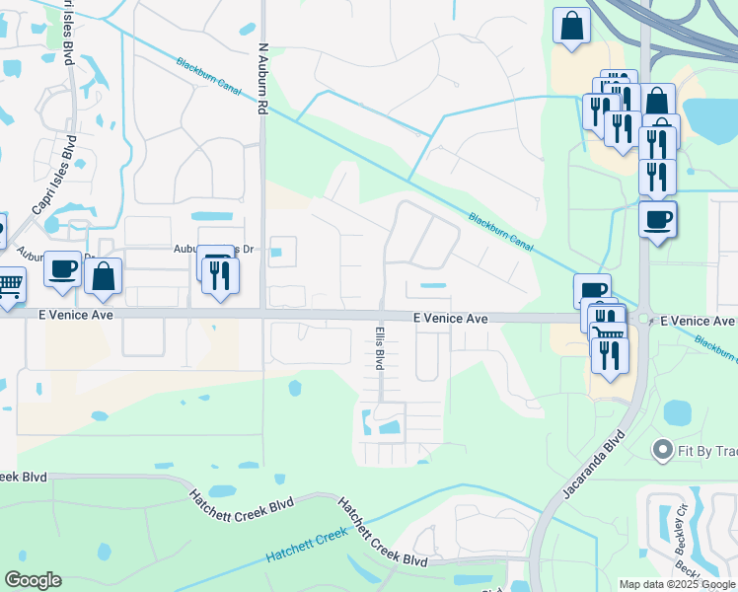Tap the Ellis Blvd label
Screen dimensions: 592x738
379,348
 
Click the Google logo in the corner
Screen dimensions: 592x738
33,579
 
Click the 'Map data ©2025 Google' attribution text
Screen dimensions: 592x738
678,585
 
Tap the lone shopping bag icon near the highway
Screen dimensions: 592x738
571,27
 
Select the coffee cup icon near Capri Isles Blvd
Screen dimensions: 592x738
61,268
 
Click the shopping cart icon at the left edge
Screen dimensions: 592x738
8,284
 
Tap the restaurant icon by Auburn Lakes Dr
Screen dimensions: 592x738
221,275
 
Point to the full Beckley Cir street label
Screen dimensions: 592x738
681,533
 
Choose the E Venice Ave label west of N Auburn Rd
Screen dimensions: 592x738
76,316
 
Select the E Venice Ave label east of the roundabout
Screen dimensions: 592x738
698,321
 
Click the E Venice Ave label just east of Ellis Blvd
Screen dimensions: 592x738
450,319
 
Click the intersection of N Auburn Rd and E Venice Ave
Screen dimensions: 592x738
262,316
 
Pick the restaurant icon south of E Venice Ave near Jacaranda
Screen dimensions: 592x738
610,354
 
